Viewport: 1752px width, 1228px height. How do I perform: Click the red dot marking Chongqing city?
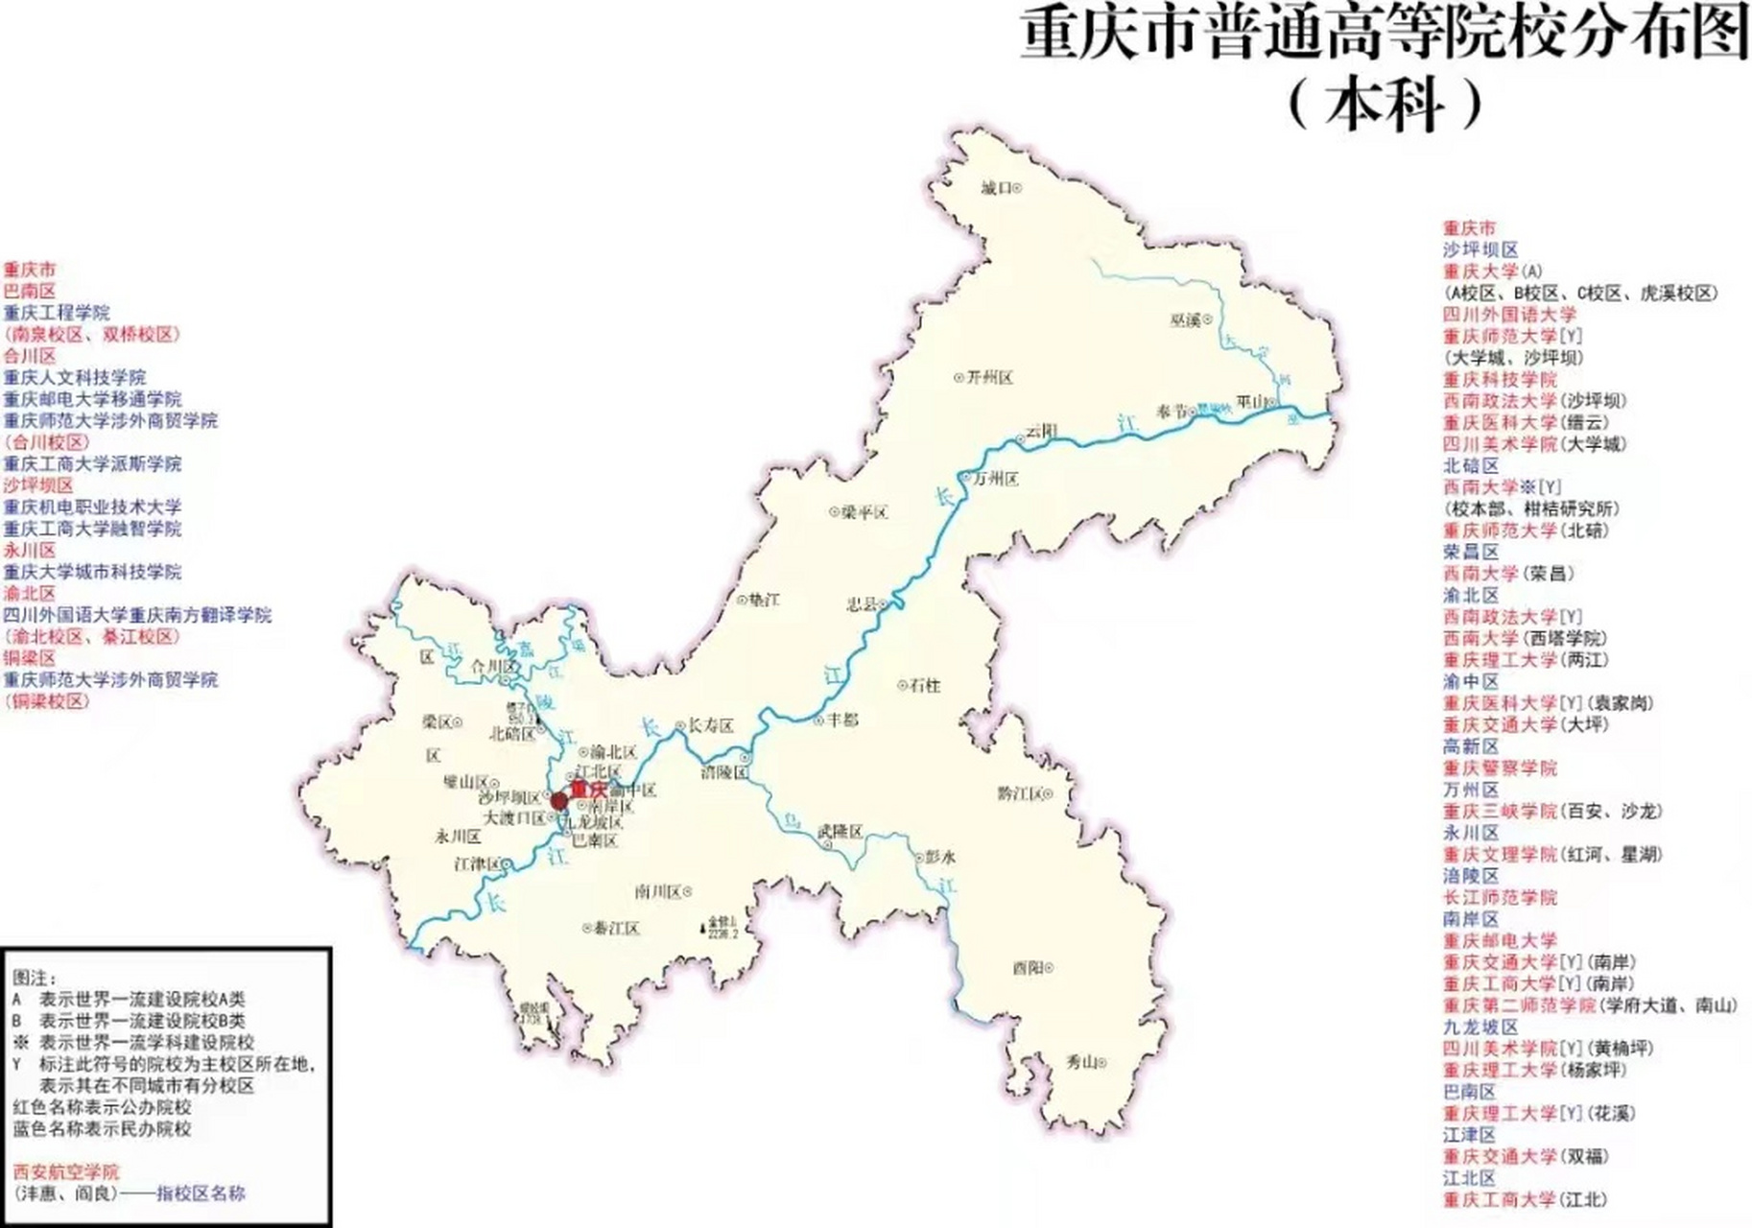[558, 800]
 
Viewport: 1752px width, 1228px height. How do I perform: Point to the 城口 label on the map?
[997, 188]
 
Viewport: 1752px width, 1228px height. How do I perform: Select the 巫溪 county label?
[1186, 319]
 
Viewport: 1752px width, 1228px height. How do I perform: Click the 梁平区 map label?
[864, 512]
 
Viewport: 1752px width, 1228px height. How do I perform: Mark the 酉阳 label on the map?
[1028, 968]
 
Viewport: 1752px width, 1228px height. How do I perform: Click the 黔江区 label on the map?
[1020, 793]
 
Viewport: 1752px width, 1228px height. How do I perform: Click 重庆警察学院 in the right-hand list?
[1500, 768]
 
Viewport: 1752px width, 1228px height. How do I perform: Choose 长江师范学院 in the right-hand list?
[1500, 898]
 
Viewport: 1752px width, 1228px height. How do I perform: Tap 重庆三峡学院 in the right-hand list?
[1500, 812]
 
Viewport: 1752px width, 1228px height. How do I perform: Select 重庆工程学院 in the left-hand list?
[57, 313]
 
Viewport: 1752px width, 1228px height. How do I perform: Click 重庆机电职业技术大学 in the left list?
[92, 507]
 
